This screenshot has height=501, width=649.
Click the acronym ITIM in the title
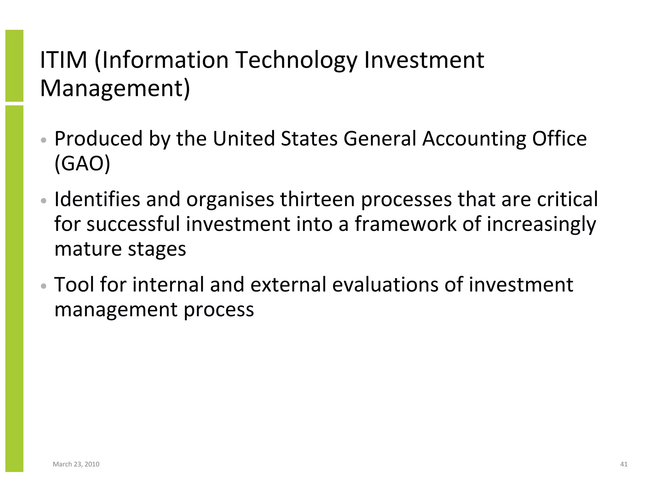pos(63,60)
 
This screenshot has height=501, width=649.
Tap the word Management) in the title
pos(115,89)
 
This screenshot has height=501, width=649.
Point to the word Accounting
pos(474,140)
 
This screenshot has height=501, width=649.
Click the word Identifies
pos(97,199)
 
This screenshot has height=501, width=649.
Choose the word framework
pos(405,224)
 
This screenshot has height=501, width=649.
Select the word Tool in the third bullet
pos(74,284)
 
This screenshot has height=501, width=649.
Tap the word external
pos(288,284)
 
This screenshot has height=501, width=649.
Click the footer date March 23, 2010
pos(76,464)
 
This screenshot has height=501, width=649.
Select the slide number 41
pos(624,464)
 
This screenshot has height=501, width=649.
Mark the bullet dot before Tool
pos(44,286)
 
